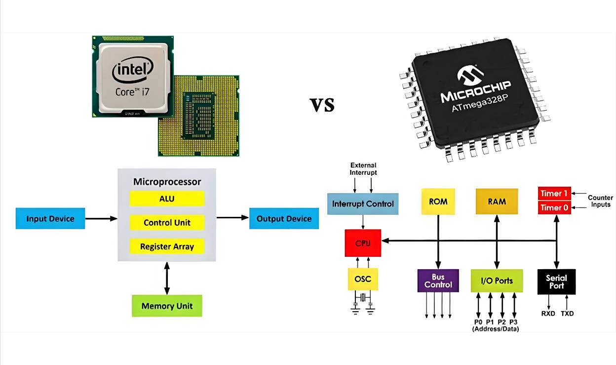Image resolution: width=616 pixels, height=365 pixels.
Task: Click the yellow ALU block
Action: click(167, 199)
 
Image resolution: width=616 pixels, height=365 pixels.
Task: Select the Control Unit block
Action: click(167, 223)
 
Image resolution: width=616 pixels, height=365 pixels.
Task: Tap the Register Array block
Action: click(167, 246)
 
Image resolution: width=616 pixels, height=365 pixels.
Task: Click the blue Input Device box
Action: click(50, 219)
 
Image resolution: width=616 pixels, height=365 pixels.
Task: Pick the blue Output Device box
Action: click(284, 219)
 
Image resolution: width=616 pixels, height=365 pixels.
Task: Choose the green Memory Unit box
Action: click(167, 306)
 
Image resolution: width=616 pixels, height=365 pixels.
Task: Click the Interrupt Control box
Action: click(363, 203)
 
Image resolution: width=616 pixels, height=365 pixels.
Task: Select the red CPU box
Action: click(363, 243)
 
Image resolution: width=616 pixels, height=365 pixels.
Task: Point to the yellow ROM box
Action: click(438, 202)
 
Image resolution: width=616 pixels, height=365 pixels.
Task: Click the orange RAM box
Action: click(497, 202)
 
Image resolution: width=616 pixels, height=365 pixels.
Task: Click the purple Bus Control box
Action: click(438, 281)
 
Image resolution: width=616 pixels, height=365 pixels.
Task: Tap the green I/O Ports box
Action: click(497, 281)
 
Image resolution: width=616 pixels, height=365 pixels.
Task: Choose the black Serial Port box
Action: click(556, 282)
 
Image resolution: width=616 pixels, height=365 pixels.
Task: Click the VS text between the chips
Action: click(322, 104)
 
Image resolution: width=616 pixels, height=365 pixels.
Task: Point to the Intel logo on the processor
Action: click(132, 71)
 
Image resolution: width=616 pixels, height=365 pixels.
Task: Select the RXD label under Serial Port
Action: click(548, 313)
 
